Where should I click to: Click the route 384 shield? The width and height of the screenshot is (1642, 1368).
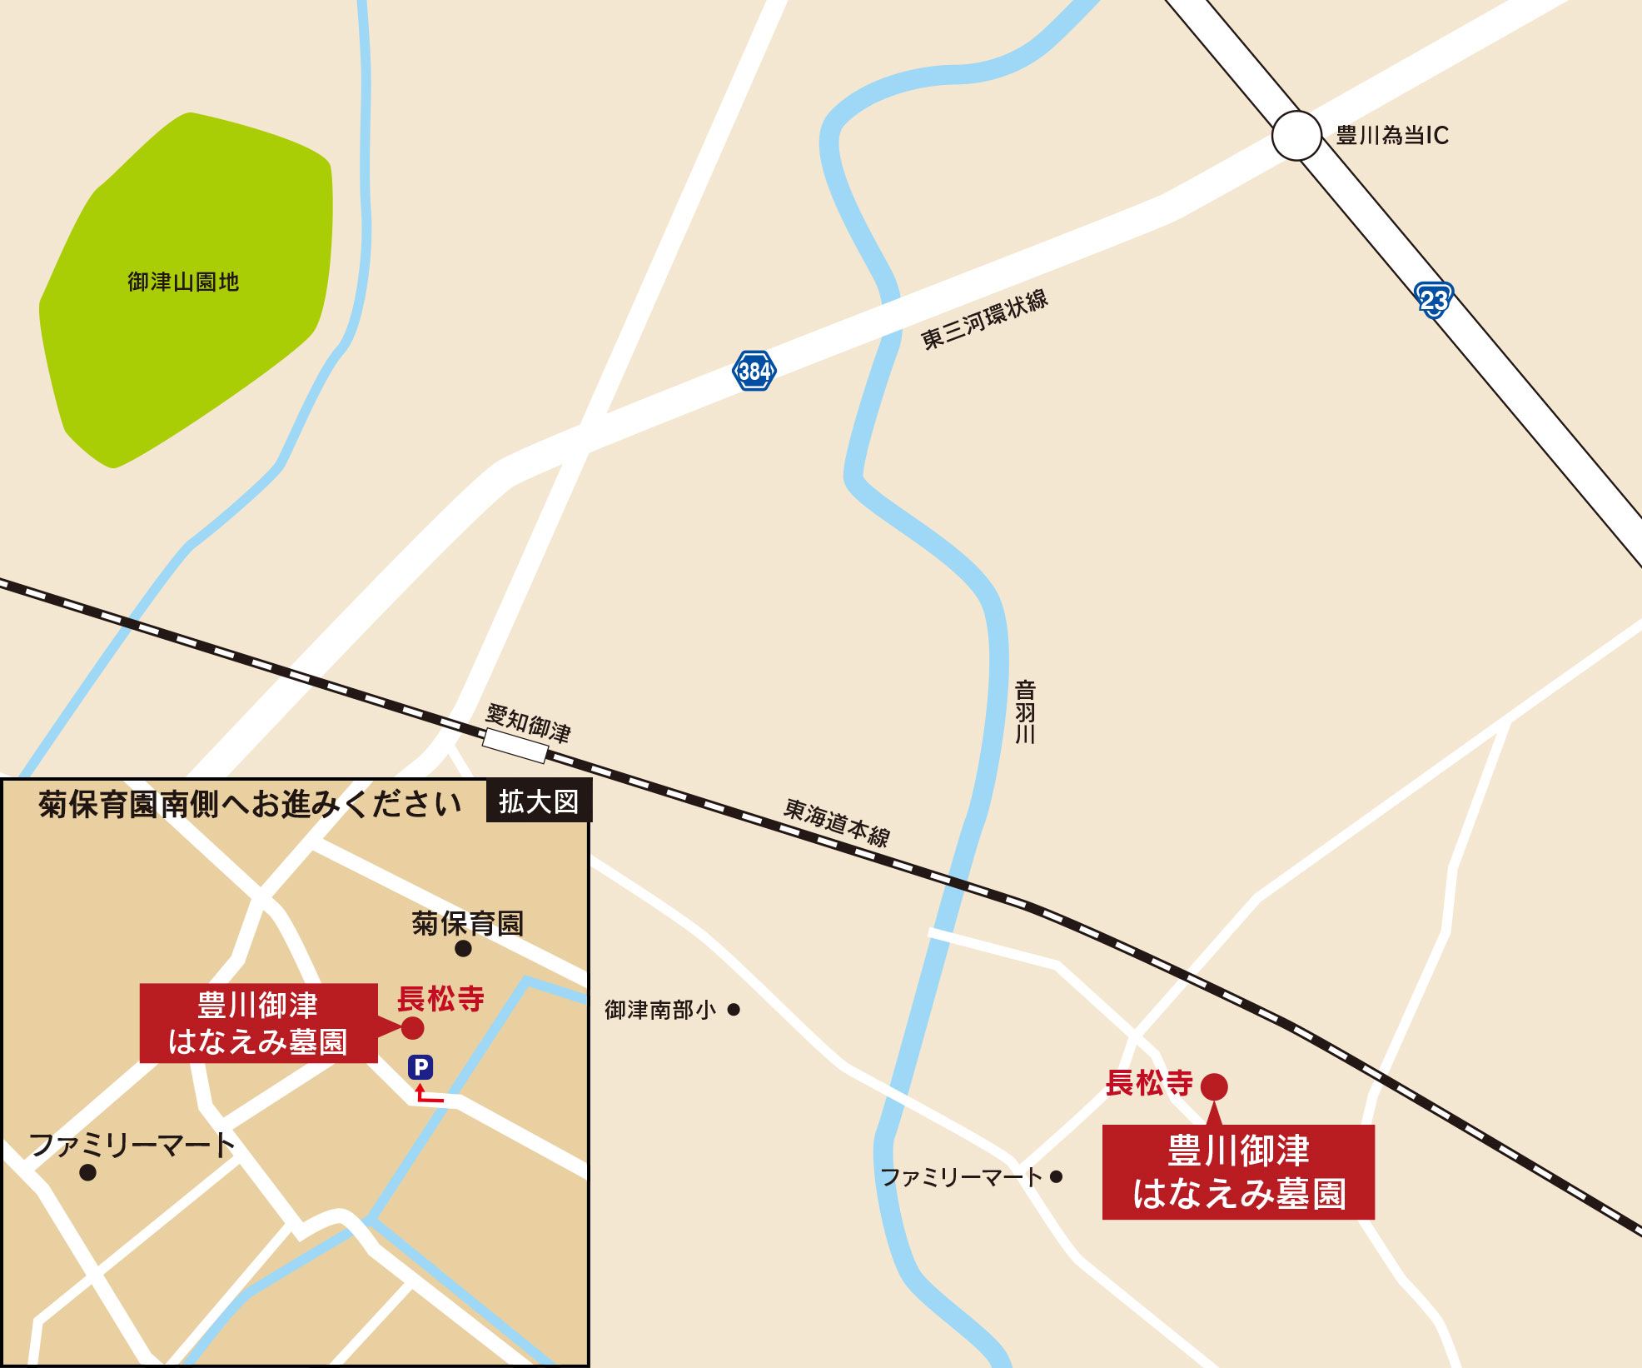tap(754, 371)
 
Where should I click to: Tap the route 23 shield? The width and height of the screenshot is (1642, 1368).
tap(1433, 300)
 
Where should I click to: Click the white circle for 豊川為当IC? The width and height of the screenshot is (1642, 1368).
tap(1296, 135)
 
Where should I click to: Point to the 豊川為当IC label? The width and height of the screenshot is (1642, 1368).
tap(1392, 135)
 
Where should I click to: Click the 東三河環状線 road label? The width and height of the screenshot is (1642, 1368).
tap(983, 320)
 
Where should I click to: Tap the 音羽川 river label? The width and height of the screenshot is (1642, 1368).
tap(1025, 711)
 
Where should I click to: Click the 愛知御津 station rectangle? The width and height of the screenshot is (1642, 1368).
tap(515, 746)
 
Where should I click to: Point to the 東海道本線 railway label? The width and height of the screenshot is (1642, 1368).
tap(837, 822)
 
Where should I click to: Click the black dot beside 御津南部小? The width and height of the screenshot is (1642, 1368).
tap(734, 1010)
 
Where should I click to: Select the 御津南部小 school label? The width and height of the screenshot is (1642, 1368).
tap(659, 1010)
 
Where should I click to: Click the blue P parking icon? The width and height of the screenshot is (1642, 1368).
tap(420, 1067)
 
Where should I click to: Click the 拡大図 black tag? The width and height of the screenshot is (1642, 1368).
tap(538, 801)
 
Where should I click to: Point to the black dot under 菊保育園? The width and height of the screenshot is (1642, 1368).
tap(464, 948)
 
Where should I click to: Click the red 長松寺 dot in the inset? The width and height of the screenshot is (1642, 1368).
tap(412, 1027)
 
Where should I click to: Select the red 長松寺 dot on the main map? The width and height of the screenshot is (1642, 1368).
tap(1214, 1086)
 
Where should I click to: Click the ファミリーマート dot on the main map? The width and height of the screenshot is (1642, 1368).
tap(1056, 1177)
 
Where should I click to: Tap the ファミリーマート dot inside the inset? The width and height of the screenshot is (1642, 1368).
tap(87, 1173)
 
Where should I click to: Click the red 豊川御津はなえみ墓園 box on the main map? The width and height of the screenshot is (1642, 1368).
tap(1238, 1172)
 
